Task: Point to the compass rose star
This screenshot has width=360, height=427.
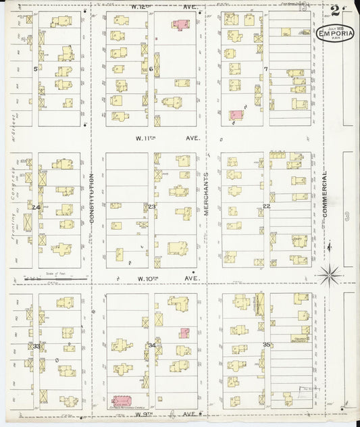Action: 329,274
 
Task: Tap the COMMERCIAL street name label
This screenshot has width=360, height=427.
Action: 324,193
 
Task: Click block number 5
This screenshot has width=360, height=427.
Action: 35,69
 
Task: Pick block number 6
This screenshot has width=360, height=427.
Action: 151,69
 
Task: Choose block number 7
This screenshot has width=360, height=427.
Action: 266,69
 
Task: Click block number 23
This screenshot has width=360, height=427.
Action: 152,206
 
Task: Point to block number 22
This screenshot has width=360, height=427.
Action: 266,206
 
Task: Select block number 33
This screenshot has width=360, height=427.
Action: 36,346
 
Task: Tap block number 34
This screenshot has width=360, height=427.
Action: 152,346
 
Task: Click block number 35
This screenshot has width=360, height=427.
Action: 267,345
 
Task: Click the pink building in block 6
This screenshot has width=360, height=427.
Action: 180,25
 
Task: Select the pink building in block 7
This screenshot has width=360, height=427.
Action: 236,116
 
